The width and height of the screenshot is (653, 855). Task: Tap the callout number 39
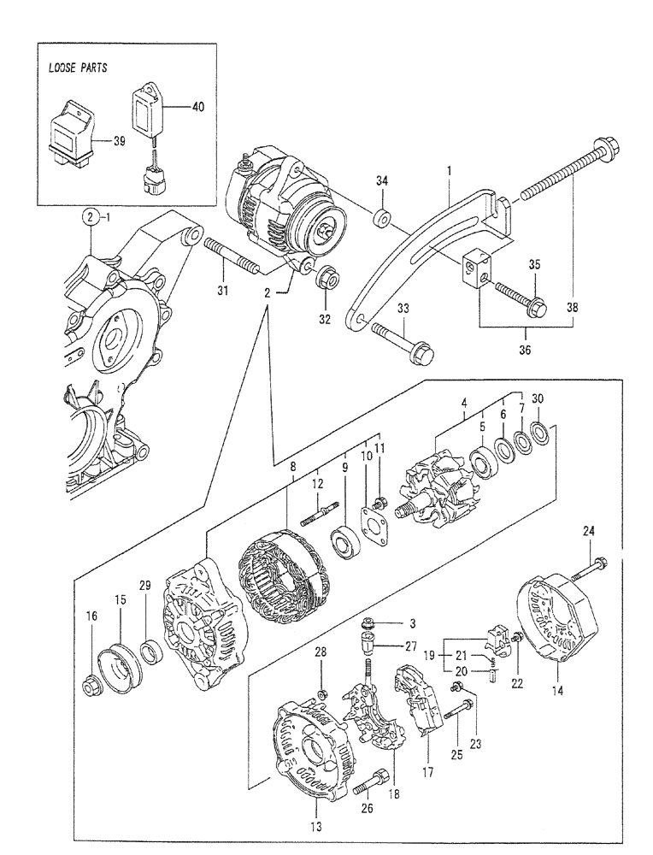click(120, 141)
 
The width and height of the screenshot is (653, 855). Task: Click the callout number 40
click(198, 107)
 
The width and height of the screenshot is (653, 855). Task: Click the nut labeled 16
click(90, 685)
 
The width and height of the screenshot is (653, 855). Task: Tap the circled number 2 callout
click(91, 217)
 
